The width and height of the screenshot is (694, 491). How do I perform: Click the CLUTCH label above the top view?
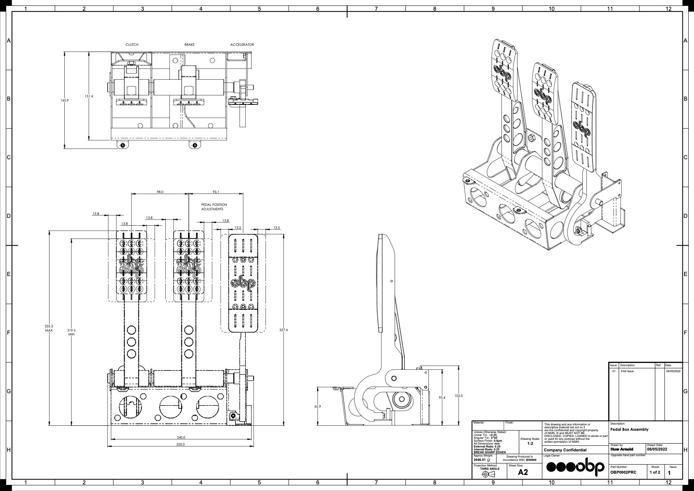coord(132,45)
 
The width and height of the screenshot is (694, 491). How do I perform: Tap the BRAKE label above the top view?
coord(190,45)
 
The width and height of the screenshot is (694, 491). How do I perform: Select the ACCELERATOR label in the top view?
coord(242,45)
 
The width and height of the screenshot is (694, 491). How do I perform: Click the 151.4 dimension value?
coord(89,96)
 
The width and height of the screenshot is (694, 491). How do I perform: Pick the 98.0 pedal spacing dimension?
coord(160,192)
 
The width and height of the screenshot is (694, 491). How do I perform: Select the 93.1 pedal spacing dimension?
coord(216,192)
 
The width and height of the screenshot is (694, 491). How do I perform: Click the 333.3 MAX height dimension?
coord(49,328)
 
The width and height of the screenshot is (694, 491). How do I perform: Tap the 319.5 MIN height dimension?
coord(71,332)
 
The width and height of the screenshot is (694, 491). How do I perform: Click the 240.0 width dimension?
coord(181,437)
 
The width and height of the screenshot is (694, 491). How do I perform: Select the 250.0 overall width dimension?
coord(180,444)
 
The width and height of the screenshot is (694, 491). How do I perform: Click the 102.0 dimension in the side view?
coord(459,396)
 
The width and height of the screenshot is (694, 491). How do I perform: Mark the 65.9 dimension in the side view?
coord(318,406)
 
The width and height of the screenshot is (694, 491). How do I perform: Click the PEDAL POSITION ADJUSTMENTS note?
coord(214,207)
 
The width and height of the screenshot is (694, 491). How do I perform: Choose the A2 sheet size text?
coord(523,472)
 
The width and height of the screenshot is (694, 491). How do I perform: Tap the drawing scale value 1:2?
coord(530,444)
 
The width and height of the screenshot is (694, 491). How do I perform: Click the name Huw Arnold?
coord(621,449)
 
